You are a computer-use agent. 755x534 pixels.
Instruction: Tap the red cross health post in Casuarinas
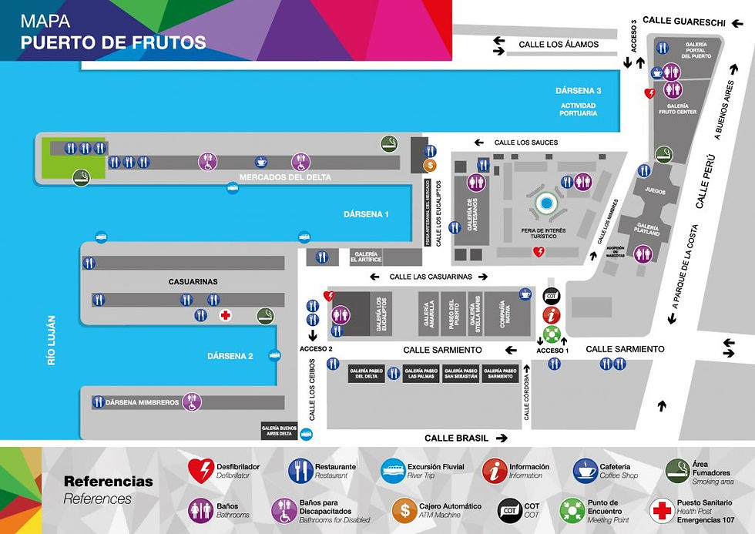(x=226, y=315)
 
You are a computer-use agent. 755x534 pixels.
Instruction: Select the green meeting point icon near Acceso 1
(x=552, y=334)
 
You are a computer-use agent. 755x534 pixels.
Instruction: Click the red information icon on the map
(x=552, y=314)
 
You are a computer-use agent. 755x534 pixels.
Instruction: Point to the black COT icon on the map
(x=552, y=296)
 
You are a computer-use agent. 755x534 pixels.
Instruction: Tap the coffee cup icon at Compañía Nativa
(x=525, y=294)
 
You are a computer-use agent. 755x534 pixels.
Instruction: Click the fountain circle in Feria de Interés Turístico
(x=547, y=204)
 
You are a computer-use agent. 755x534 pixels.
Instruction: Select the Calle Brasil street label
(x=456, y=438)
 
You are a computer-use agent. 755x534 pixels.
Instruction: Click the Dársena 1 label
(x=367, y=214)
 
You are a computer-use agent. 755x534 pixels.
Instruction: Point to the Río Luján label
(x=52, y=339)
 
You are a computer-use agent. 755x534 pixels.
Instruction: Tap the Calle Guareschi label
(x=683, y=22)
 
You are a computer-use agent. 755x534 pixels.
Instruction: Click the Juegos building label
(x=656, y=191)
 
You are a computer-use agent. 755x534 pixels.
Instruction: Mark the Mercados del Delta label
(x=285, y=178)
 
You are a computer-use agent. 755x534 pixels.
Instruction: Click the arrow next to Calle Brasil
(x=502, y=438)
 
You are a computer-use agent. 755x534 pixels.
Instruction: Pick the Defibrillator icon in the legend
(x=201, y=470)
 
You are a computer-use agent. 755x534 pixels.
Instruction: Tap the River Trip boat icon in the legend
(x=393, y=470)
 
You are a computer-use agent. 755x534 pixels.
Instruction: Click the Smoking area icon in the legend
(x=676, y=470)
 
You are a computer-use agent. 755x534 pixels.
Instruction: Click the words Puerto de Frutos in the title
(x=113, y=42)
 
